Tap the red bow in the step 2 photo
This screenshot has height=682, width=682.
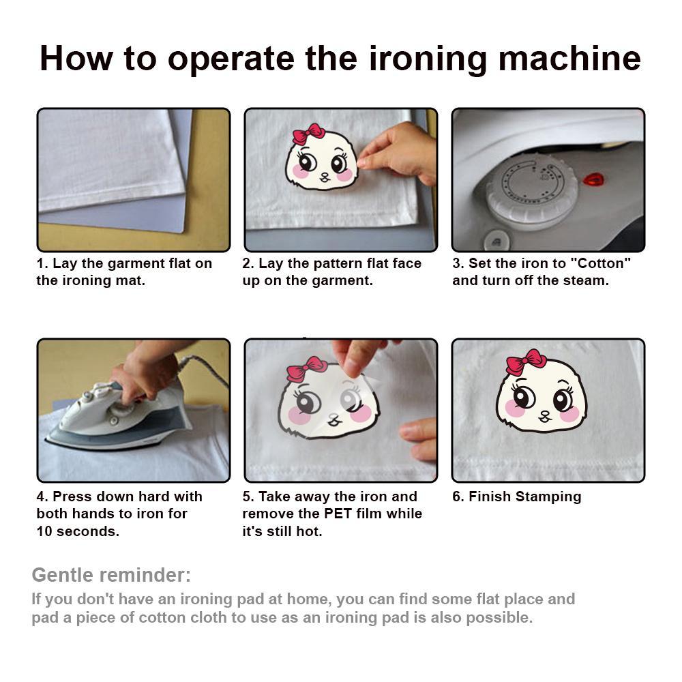(308, 134)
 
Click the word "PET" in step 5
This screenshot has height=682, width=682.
(338, 514)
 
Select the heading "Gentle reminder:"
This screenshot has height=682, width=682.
(111, 574)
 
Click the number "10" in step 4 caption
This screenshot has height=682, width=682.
(44, 531)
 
